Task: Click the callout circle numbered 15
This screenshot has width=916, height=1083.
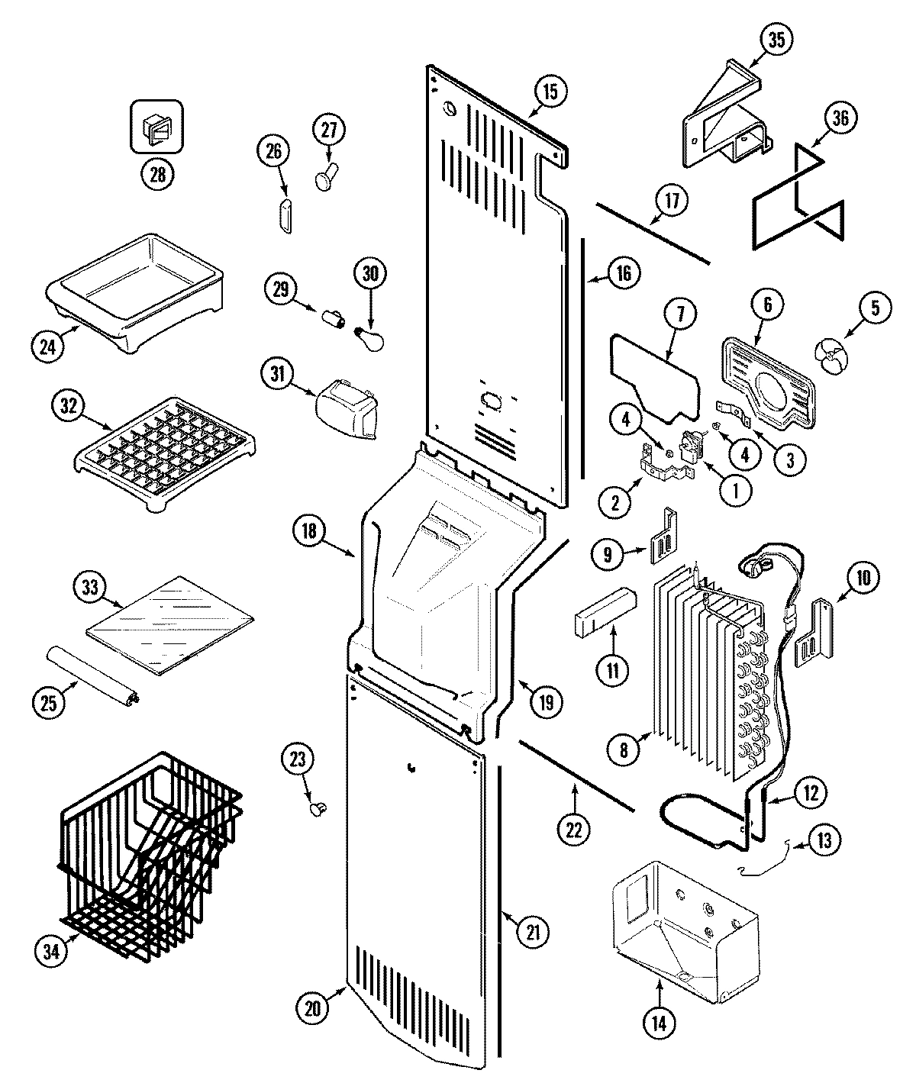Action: [x=550, y=92]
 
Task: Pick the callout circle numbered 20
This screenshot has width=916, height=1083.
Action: [x=312, y=1007]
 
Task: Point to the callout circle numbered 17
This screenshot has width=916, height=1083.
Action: [x=672, y=201]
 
